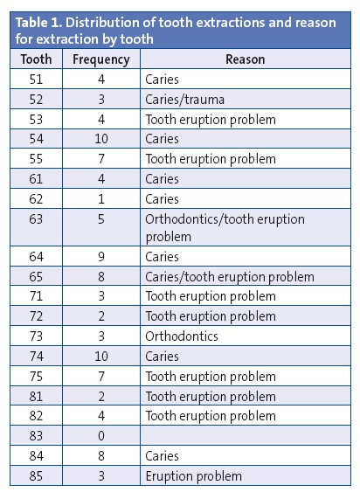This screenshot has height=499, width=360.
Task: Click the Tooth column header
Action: tap(37, 59)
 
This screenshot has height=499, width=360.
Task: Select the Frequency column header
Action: tap(100, 59)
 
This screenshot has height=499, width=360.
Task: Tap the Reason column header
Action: tap(246, 59)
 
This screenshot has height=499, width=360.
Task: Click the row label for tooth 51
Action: tap(37, 80)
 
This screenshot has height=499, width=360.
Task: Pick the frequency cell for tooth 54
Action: tap(100, 139)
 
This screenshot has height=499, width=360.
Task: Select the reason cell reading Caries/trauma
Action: tap(184, 100)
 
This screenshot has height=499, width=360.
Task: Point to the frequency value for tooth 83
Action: tap(100, 436)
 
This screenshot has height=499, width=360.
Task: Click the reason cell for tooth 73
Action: tap(182, 336)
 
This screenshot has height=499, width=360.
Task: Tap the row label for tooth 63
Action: tap(37, 218)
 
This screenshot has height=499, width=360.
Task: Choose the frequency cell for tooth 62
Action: tap(100, 198)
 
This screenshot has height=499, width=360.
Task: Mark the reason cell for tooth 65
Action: tap(230, 277)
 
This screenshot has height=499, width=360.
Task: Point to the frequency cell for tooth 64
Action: tap(100, 257)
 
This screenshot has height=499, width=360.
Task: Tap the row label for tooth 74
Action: tap(37, 357)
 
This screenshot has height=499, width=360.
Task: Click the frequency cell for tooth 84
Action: tap(100, 456)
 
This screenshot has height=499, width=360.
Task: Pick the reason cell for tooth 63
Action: tap(225, 227)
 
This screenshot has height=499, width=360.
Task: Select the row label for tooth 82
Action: tap(37, 416)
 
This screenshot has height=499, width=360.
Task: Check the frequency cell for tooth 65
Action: tap(100, 277)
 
